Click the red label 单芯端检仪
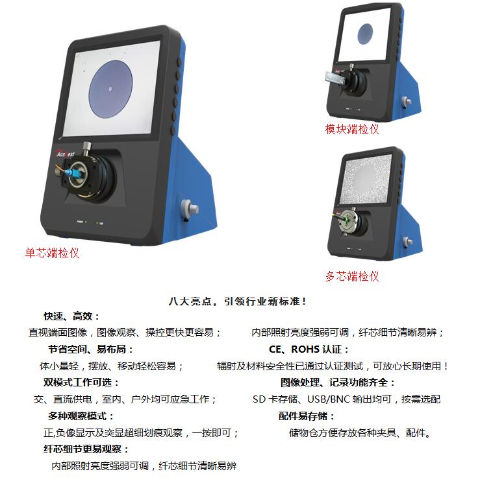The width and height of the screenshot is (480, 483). [x=52, y=253]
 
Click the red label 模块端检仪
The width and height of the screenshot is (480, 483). [x=352, y=129]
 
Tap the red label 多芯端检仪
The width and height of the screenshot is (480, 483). [x=352, y=276]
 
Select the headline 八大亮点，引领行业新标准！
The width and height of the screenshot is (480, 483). [x=237, y=301]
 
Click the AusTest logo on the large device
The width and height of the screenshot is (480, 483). [x=66, y=154]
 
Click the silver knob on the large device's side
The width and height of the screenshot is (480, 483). [x=190, y=207]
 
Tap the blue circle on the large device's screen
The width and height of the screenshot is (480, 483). [x=110, y=89]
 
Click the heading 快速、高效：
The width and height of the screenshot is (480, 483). [x=72, y=316]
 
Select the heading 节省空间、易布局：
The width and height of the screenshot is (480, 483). [x=91, y=349]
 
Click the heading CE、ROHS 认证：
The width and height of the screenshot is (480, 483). [x=309, y=349]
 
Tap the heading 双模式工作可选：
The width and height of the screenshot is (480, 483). [x=81, y=383]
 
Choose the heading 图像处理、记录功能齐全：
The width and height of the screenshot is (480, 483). [x=338, y=383]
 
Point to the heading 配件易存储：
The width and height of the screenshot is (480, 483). [x=307, y=416]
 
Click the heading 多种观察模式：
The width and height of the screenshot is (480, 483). [x=81, y=416]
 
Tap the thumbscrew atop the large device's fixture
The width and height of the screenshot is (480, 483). [x=87, y=147]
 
